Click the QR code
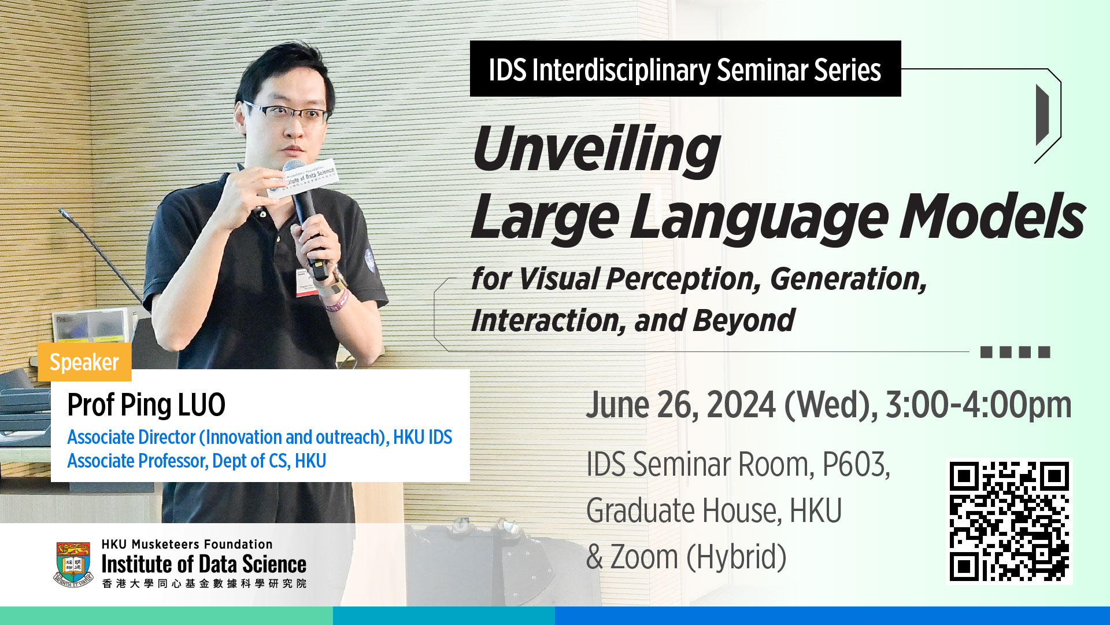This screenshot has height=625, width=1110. [1009, 521]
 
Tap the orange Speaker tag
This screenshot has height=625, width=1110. [84, 362]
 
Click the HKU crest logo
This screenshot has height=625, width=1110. [73, 564]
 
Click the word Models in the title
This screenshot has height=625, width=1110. [992, 216]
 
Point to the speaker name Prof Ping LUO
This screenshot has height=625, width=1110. [146, 405]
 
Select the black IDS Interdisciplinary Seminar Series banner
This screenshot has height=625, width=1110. [685, 69]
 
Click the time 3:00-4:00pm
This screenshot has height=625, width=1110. [979, 405]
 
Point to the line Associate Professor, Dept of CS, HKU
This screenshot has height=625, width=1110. [197, 461]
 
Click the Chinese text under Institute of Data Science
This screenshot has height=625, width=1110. [204, 583]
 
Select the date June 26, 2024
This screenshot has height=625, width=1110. [681, 405]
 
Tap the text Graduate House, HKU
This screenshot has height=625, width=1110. [714, 511]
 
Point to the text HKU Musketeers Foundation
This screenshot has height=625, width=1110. [187, 545]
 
